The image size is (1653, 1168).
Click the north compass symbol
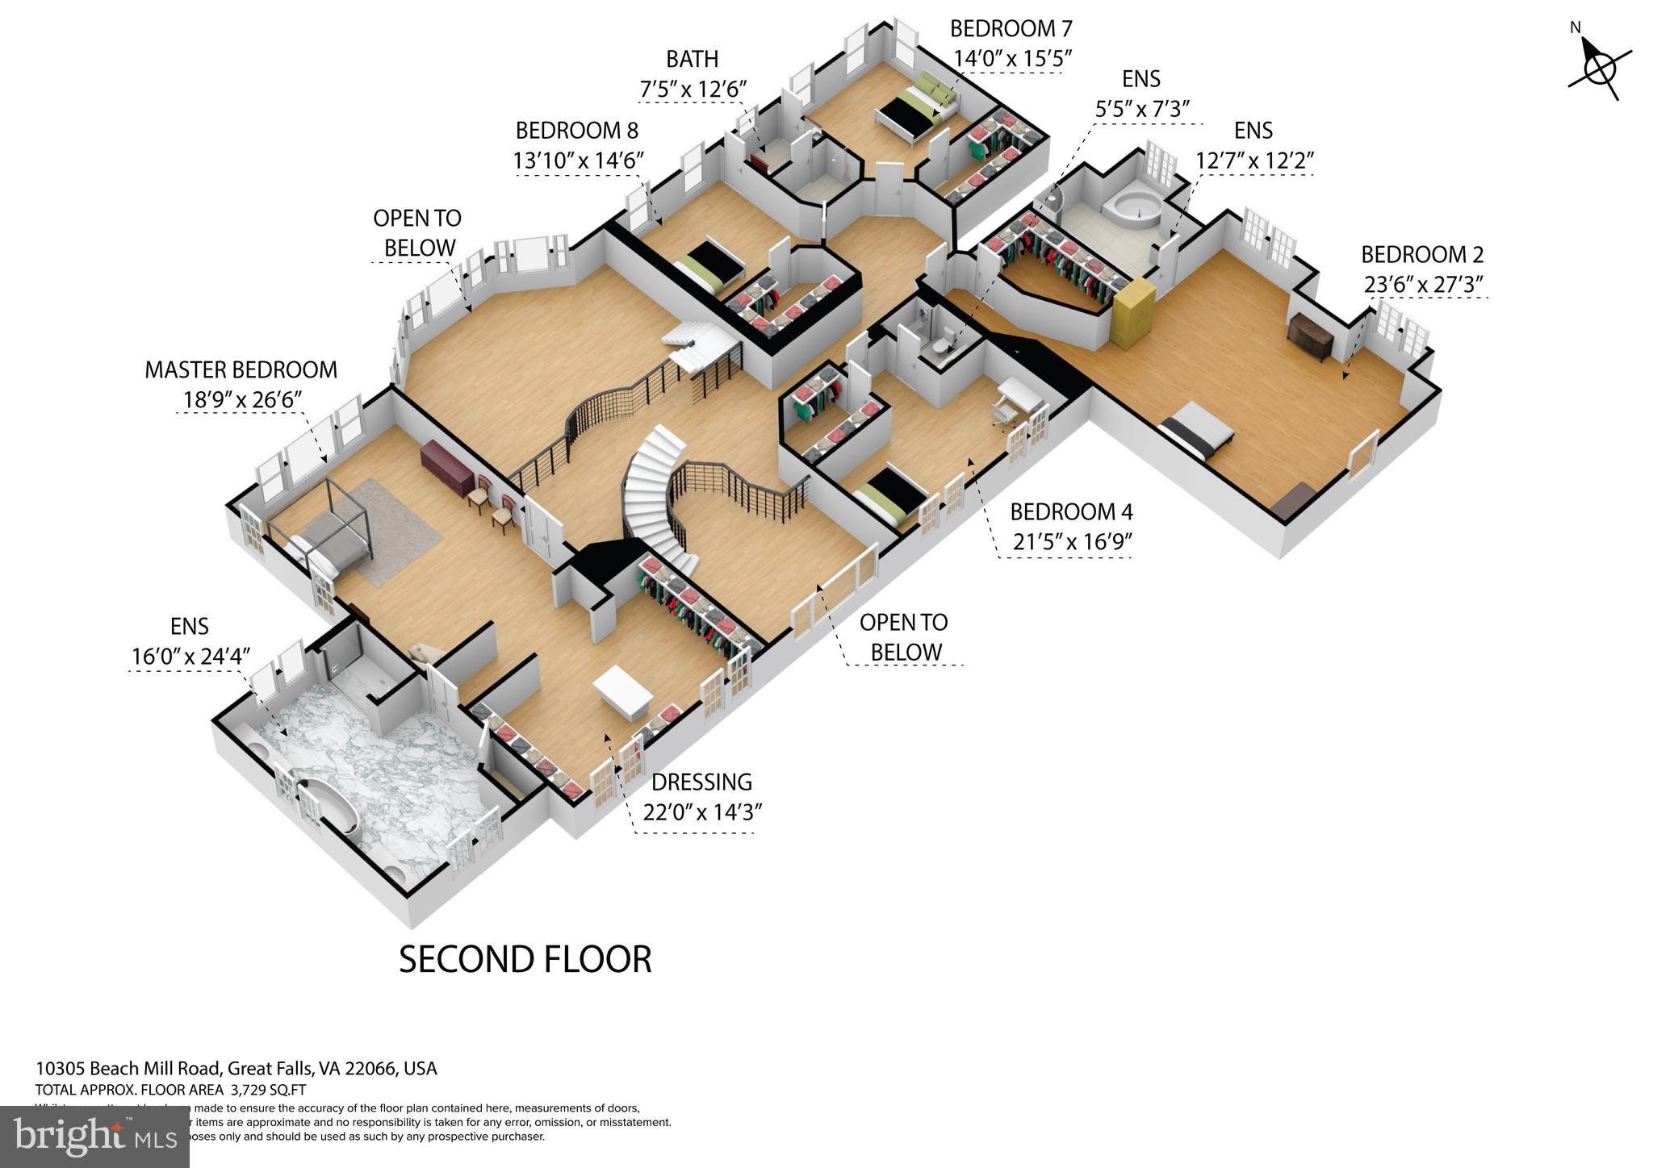click(x=1598, y=69)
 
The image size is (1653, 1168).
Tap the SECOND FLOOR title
click(x=525, y=959)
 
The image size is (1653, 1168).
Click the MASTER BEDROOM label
click(x=241, y=370)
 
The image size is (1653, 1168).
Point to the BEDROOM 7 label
click(x=1011, y=29)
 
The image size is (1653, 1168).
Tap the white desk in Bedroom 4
click(x=1019, y=395)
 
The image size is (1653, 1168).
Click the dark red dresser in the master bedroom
click(x=446, y=468)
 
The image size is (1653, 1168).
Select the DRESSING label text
click(x=701, y=782)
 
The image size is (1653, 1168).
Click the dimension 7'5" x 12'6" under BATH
click(x=693, y=89)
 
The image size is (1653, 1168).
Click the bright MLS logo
click(x=94, y=1137)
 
